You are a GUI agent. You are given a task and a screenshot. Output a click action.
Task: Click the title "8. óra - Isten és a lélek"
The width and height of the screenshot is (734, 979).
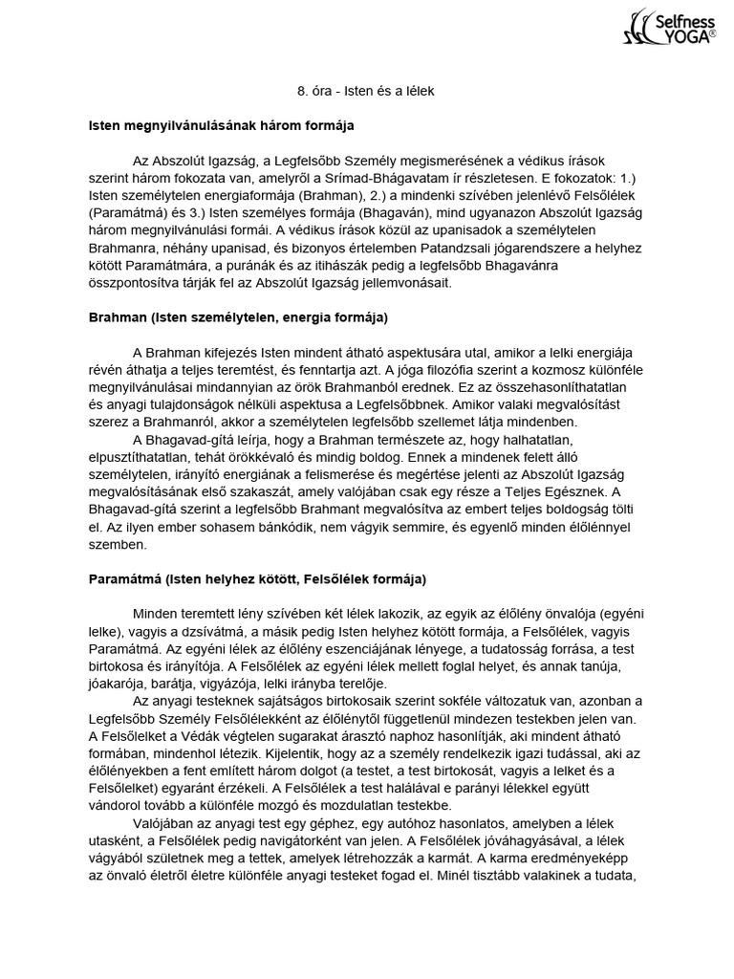367,92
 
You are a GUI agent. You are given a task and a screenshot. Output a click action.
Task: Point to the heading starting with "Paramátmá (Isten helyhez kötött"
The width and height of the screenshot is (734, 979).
257,579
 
